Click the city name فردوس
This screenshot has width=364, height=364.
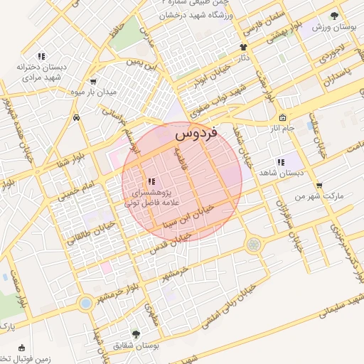click(196, 132)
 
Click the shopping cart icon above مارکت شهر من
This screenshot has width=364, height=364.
click(318, 184)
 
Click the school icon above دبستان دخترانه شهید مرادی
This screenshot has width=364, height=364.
click(42, 56)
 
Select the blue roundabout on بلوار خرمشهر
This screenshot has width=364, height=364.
click(86, 303)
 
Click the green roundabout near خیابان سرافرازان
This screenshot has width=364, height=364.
click(253, 245)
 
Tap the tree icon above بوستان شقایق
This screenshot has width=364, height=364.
click(136, 333)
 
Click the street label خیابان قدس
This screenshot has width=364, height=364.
click(171, 242)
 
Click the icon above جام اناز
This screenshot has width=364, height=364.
click(283, 118)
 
